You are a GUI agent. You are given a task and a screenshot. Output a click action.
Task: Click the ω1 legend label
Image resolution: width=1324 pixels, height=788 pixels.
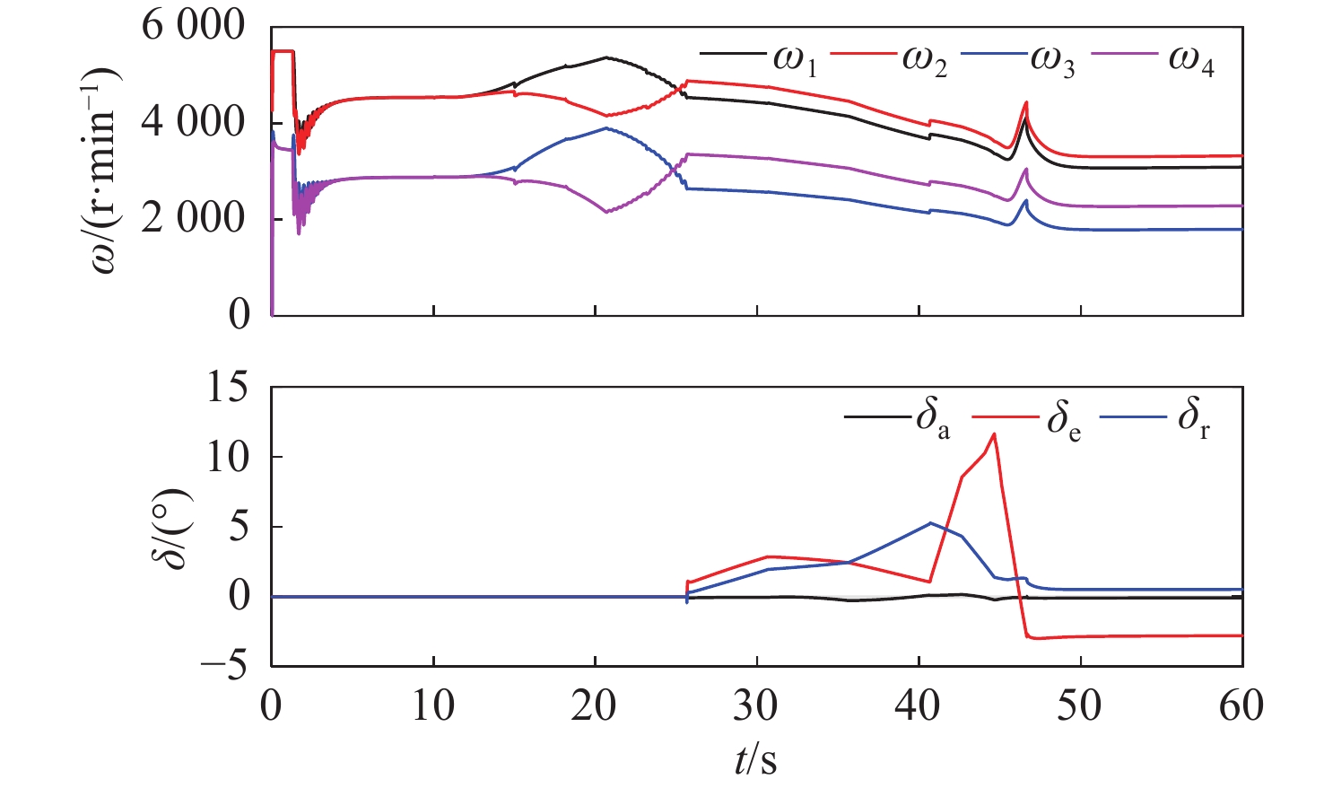pos(795,61)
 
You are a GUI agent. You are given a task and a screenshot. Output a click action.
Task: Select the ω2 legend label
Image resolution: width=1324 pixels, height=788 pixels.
pos(926,61)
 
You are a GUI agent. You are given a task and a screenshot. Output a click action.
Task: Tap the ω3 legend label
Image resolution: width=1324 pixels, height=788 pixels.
pos(1053,61)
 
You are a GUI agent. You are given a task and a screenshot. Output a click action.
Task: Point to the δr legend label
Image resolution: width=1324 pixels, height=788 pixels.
pos(1194,420)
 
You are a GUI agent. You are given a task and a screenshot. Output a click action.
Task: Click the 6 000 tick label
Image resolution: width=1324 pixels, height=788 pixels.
pos(193,27)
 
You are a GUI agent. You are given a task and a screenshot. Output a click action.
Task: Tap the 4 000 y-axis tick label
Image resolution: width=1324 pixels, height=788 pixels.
pos(193,123)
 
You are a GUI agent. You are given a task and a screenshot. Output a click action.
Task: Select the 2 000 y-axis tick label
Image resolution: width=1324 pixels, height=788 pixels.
pos(193,218)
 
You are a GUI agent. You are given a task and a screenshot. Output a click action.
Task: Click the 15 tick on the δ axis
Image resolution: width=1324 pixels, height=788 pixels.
pos(228,388)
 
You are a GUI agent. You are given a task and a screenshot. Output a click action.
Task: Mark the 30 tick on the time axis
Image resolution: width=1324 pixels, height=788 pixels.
pos(756,707)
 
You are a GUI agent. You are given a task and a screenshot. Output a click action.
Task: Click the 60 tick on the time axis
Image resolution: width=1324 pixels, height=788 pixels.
pos(1241,707)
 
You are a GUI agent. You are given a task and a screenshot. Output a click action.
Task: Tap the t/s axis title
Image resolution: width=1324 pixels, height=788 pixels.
pos(756,761)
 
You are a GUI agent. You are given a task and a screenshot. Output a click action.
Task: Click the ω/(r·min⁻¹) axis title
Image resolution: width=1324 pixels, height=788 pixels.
pos(106,171)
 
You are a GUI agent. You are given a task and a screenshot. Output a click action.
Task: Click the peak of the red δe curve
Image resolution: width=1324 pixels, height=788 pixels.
pos(994,434)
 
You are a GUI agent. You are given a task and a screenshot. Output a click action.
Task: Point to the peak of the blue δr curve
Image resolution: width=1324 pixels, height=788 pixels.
pos(930,522)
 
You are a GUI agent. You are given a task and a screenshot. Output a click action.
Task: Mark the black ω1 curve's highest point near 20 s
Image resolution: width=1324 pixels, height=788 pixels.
pos(606,57)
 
